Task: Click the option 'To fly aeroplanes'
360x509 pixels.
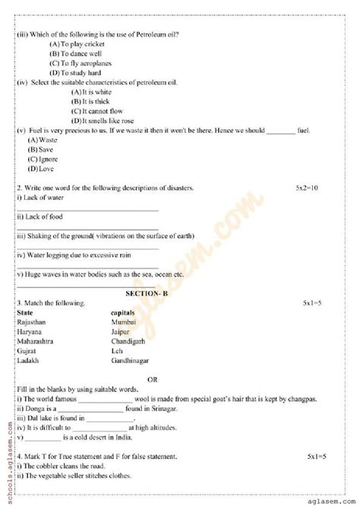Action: click(83, 66)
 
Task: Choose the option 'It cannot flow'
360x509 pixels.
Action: click(95, 111)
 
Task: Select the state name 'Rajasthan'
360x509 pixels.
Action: click(31, 322)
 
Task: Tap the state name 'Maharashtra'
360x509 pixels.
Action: click(35, 342)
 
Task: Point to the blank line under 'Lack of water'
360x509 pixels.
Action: click(87, 210)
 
